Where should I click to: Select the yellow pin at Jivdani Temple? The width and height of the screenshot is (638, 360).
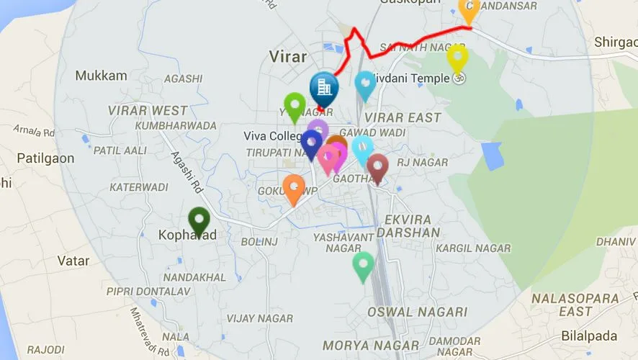[x=457, y=58]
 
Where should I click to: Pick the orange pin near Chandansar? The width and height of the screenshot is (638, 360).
[x=469, y=9]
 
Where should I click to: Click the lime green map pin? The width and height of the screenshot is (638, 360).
[x=294, y=105]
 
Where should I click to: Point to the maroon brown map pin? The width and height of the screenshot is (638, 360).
[x=377, y=167]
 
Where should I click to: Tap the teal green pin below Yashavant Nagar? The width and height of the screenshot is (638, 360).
[x=363, y=265]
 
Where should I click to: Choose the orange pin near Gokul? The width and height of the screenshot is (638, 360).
[x=294, y=187]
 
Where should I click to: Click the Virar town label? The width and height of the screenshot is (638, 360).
[x=287, y=56]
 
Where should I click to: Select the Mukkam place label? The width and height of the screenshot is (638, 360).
[x=101, y=76]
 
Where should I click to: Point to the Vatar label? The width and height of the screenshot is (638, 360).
[x=73, y=261]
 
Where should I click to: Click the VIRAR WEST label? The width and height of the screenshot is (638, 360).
[x=148, y=111]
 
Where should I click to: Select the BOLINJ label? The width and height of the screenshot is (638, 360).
[x=259, y=241]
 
